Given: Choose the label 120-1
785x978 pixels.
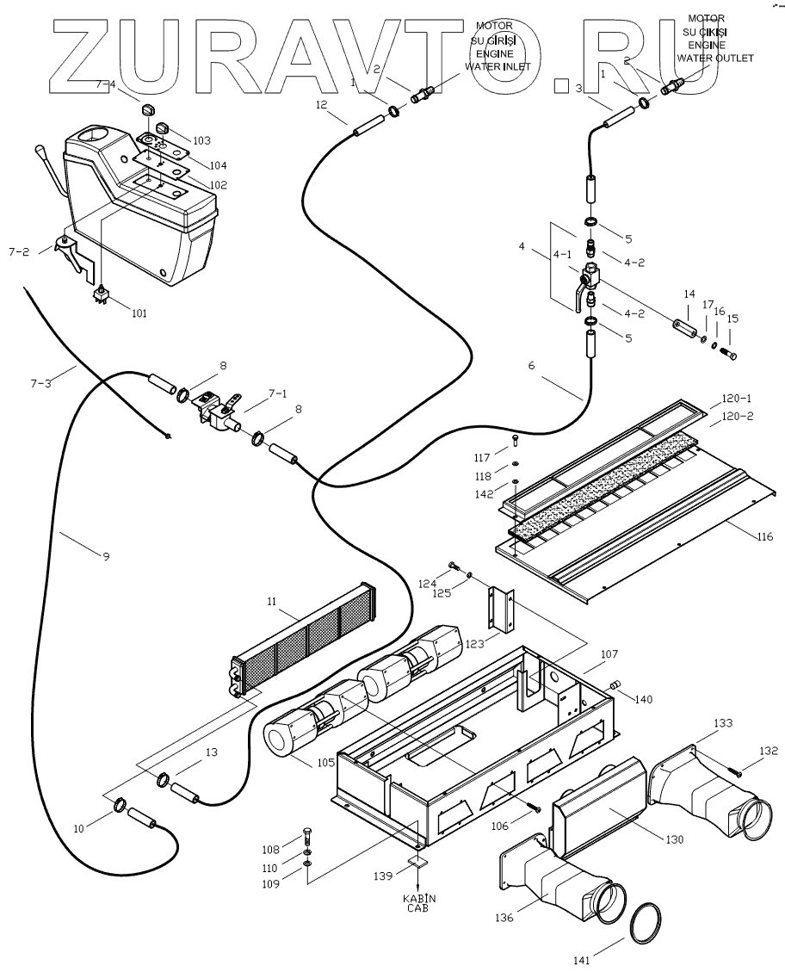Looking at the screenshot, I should [x=736, y=399].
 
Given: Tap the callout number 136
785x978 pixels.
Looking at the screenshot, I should [x=504, y=918].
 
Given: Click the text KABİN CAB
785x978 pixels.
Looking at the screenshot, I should [x=420, y=903].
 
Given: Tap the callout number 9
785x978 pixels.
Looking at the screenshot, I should [x=106, y=557].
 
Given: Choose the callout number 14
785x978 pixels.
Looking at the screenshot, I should [x=688, y=294].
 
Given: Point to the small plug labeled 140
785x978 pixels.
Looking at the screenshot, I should [x=616, y=684].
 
